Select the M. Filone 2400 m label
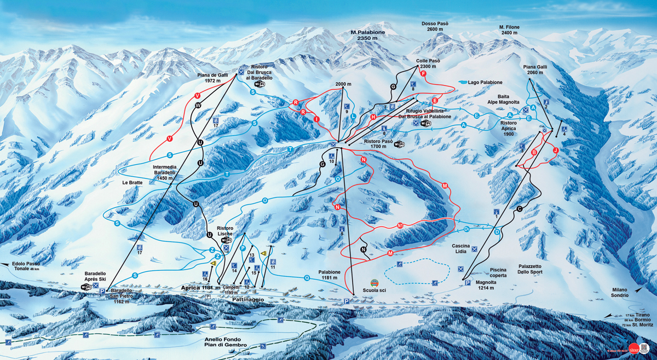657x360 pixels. click(x=509, y=30)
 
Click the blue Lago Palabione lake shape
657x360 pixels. click(x=464, y=82)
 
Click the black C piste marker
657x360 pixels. click(x=519, y=208)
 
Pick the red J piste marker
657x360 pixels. click(x=555, y=149)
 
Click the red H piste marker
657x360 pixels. click(x=373, y=117)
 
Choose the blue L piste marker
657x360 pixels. click(x=354, y=116)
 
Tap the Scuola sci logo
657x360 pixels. click(x=374, y=282)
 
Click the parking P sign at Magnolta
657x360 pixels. click(x=467, y=283)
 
